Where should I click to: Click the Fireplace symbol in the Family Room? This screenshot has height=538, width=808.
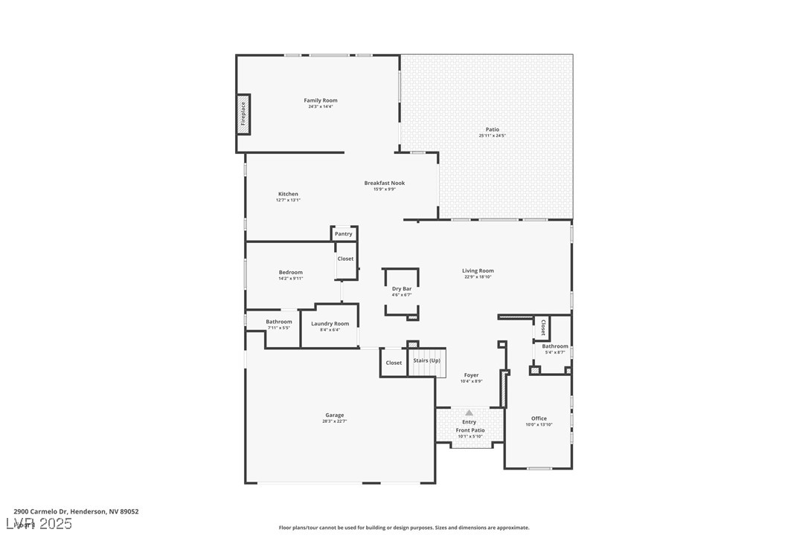pyautogui.click(x=243, y=114)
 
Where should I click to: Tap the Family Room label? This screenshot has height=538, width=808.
pyautogui.click(x=320, y=100)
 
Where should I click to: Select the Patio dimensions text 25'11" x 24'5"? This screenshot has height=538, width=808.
pyautogui.click(x=493, y=135)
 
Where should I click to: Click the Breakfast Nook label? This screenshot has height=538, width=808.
pyautogui.click(x=384, y=183)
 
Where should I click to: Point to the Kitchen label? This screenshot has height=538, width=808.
pyautogui.click(x=288, y=194)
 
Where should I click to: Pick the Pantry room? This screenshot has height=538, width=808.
pyautogui.click(x=344, y=234)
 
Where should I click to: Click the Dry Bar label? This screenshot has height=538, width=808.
pyautogui.click(x=402, y=288)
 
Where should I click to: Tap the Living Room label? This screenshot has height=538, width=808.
pyautogui.click(x=478, y=271)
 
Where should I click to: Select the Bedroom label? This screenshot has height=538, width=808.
pyautogui.click(x=290, y=273)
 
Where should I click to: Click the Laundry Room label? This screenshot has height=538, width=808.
pyautogui.click(x=330, y=324)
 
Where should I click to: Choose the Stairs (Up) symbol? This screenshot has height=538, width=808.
pyautogui.click(x=427, y=361)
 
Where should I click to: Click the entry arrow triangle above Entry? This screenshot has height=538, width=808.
pyautogui.click(x=469, y=412)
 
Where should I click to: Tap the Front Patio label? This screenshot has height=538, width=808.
pyautogui.click(x=469, y=430)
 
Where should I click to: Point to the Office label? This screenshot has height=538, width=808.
pyautogui.click(x=539, y=418)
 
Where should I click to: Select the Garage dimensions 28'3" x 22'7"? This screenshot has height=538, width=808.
pyautogui.click(x=334, y=421)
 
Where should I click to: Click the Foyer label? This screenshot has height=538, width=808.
pyautogui.click(x=471, y=375)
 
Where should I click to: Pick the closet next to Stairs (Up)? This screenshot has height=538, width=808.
pyautogui.click(x=394, y=363)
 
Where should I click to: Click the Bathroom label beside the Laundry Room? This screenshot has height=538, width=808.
pyautogui.click(x=279, y=322)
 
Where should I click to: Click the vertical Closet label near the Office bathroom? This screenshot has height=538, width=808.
pyautogui.click(x=542, y=328)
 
